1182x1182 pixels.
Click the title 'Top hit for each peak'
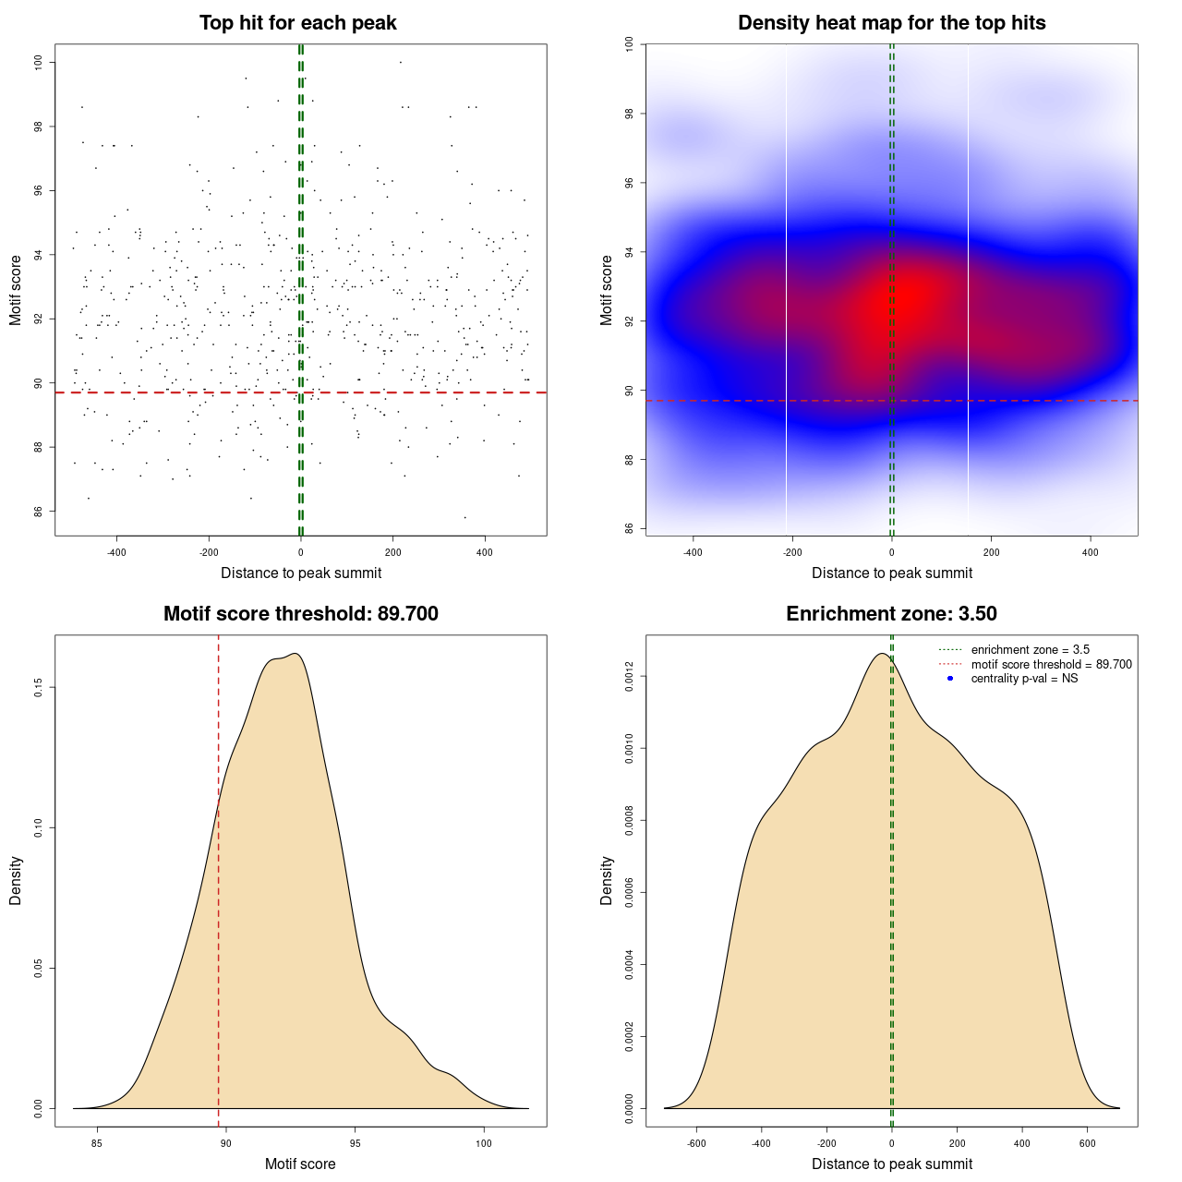coord(297,23)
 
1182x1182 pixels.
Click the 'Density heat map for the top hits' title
coord(891,23)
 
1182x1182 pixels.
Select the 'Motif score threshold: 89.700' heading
coord(300,614)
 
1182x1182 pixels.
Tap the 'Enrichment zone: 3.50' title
coord(891,614)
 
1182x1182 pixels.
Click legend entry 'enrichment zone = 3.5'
coord(1030,650)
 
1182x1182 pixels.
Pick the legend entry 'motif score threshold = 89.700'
coord(1051,665)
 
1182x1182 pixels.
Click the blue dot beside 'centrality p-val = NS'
coord(950,679)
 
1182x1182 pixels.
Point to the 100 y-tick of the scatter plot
coord(39,62)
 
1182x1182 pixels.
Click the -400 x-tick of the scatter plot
coord(116,552)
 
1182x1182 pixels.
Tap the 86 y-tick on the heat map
coord(629,528)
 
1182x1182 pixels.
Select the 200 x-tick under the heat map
coord(991,552)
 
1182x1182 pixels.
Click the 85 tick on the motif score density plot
coord(97,1143)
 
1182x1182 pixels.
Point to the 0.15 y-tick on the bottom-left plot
coord(39,688)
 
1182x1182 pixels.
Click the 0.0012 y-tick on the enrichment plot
coord(629,677)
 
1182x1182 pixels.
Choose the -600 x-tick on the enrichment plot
coord(696,1143)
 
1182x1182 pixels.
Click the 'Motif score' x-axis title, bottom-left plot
coord(300,1164)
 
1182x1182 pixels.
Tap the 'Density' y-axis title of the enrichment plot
coord(607,880)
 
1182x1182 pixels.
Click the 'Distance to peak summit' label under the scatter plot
coord(301,573)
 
